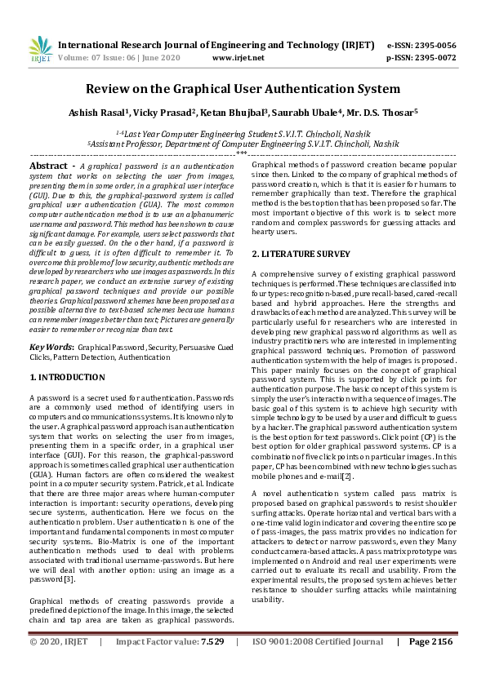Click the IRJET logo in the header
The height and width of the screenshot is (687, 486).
pyautogui.click(x=39, y=50)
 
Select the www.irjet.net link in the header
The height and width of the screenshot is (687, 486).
pyautogui.click(x=238, y=58)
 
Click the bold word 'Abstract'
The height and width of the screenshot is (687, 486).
pyautogui.click(x=48, y=166)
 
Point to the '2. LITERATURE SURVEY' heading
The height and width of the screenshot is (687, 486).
pyautogui.click(x=301, y=254)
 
